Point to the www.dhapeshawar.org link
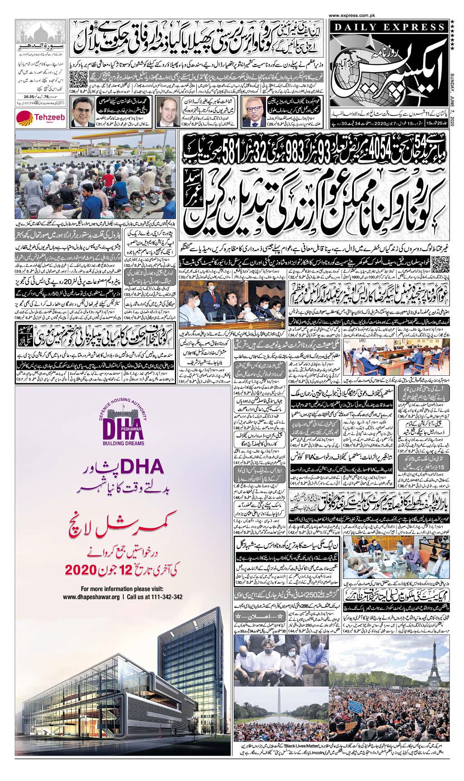coord(92,597)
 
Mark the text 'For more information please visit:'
coord(122,588)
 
